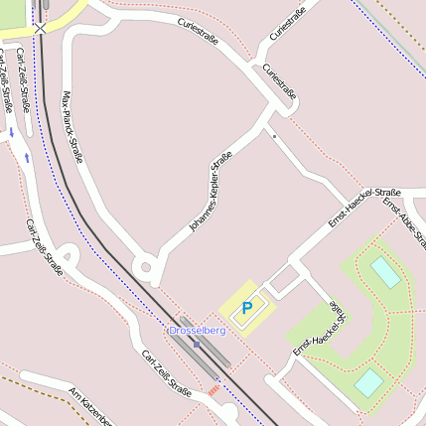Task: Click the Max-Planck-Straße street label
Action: point(71,128)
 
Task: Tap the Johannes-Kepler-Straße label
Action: point(210,193)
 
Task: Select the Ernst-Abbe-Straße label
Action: point(405,224)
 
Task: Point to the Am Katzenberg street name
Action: point(90,408)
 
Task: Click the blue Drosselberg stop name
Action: point(198,330)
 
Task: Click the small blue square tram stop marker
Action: point(197,345)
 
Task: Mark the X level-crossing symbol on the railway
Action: point(40,29)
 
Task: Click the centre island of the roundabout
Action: point(147,266)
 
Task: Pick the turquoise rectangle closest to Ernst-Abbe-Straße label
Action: point(385,271)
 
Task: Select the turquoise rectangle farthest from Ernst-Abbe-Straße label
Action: point(368,381)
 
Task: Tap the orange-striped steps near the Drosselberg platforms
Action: point(213,390)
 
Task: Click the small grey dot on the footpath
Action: point(274,134)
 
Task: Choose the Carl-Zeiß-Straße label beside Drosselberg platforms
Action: point(165,372)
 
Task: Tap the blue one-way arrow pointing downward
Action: point(12,132)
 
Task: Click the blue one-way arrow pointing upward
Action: point(26,156)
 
